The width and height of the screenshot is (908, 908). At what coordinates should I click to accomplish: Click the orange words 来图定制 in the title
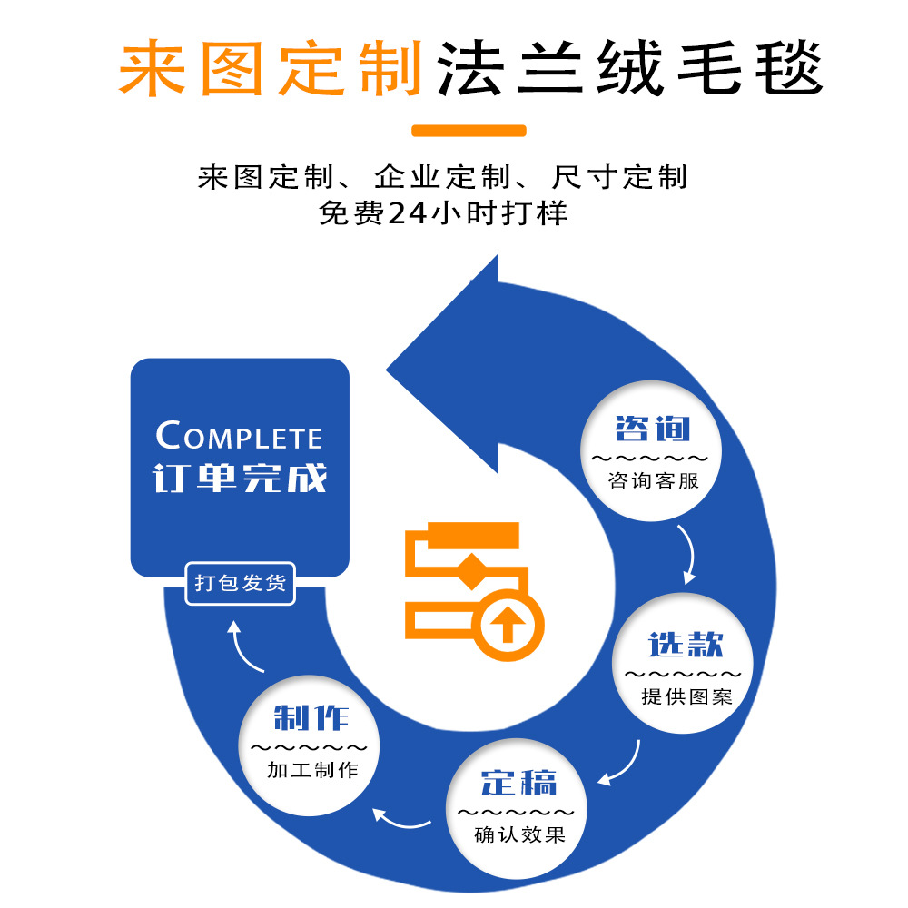(x=271, y=68)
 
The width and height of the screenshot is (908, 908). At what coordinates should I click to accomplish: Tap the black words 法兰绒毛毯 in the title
(x=628, y=68)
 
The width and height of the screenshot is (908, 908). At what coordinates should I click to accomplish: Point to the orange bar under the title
(x=469, y=130)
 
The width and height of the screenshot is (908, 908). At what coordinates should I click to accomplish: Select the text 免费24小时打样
(x=443, y=213)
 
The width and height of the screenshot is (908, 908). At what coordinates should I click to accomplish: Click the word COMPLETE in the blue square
(x=239, y=437)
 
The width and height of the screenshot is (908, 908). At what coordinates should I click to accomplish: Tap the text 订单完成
(x=240, y=479)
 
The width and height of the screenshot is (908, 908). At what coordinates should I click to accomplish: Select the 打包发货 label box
(x=241, y=583)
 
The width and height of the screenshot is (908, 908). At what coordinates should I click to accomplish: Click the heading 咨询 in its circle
(x=652, y=429)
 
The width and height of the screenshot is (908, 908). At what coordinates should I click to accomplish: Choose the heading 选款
(x=686, y=645)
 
